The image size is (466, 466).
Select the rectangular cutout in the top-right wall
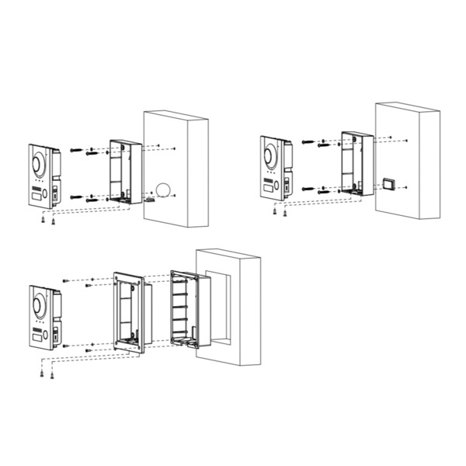click(x=388, y=184)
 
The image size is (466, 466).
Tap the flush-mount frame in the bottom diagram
click(x=127, y=311)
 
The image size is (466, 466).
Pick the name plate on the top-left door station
click(x=37, y=200)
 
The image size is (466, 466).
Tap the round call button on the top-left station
click(x=46, y=192)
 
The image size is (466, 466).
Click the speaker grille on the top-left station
click(x=35, y=189)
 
